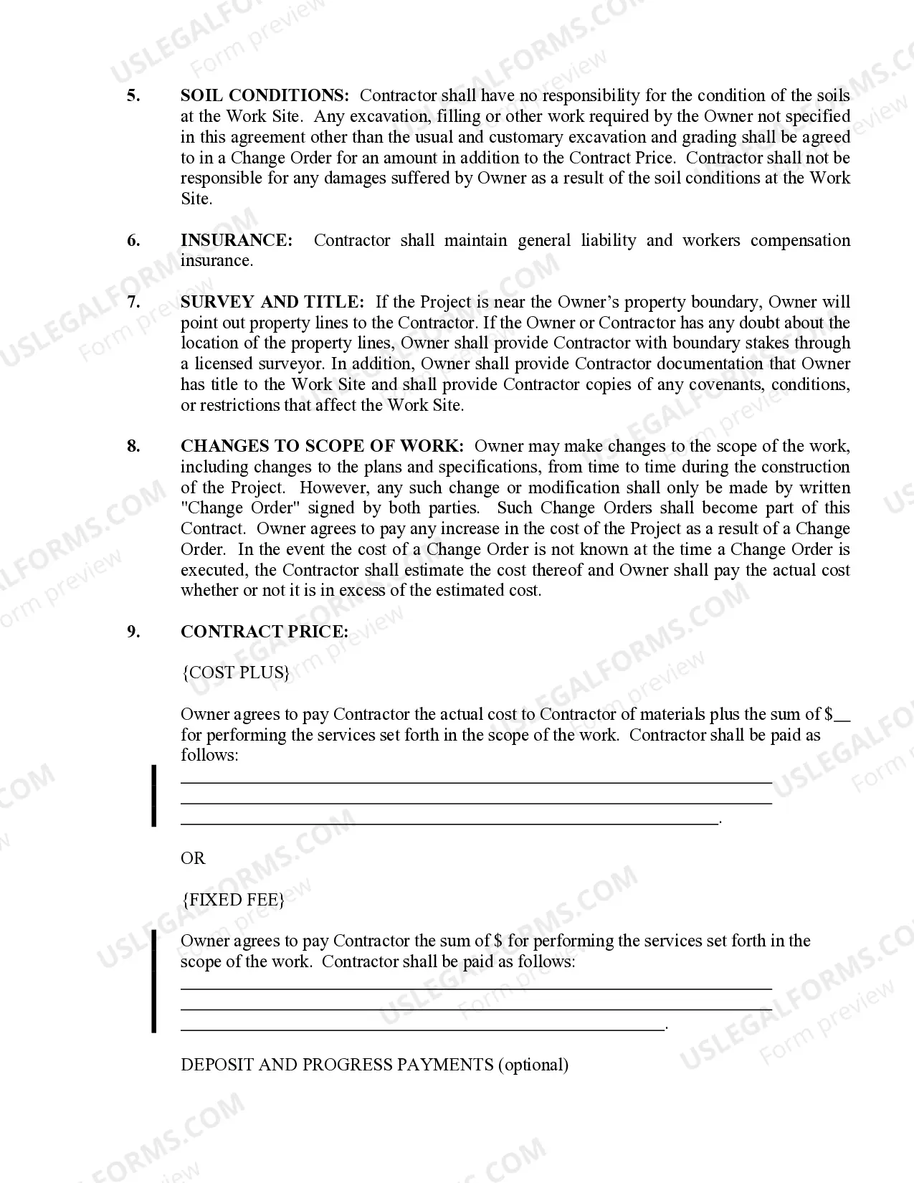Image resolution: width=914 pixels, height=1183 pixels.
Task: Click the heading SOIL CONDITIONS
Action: (265, 96)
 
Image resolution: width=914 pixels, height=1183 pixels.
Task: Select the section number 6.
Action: (133, 241)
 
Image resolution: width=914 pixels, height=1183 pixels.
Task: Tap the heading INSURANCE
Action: (237, 241)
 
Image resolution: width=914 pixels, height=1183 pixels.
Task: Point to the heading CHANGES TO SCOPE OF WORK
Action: (323, 447)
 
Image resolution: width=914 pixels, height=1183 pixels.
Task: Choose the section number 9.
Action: (133, 632)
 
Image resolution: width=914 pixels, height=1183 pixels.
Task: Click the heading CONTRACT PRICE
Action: (265, 632)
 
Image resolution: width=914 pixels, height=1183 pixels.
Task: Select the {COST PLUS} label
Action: (237, 673)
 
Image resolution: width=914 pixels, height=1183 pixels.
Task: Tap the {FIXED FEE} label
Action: (233, 900)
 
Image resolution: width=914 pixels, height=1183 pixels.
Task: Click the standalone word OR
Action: (193, 858)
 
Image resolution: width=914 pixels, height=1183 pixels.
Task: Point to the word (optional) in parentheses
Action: (533, 1065)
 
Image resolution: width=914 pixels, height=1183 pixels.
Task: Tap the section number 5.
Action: (133, 96)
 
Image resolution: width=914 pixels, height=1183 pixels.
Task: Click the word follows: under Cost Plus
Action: (209, 756)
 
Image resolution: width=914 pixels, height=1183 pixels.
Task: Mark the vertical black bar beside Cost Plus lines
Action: (153, 796)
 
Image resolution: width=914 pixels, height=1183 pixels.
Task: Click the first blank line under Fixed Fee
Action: (476, 989)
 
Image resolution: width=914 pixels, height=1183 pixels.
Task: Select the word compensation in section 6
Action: (800, 241)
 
